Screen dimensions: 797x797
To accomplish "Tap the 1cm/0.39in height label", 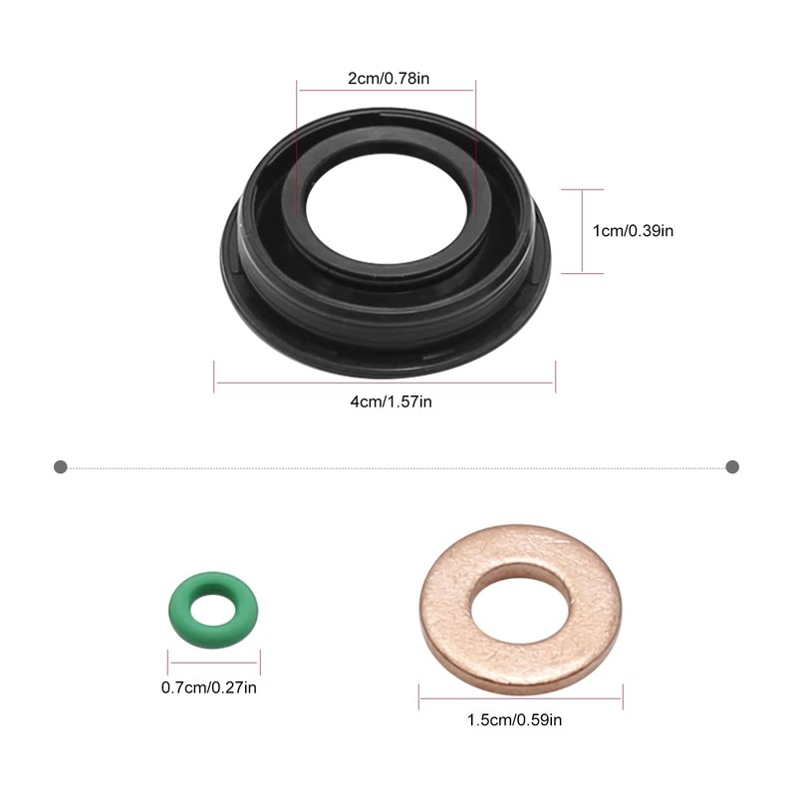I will (634, 230).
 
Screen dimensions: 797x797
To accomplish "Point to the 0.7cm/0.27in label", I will (210, 686).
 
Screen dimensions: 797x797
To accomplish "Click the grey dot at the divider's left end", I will (61, 466).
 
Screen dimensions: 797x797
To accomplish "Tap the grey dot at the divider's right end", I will (732, 466).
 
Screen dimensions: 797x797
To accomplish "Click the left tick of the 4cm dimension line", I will (214, 378).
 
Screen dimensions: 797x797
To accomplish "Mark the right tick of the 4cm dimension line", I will (555, 378).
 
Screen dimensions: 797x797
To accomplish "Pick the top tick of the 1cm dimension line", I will (582, 189).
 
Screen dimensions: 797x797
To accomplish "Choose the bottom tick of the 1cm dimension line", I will (582, 272).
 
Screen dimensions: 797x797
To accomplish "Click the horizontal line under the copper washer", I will (520, 696).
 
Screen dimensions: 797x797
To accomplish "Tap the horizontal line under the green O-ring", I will (213, 664).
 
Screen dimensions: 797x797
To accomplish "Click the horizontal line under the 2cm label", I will (386, 91).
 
